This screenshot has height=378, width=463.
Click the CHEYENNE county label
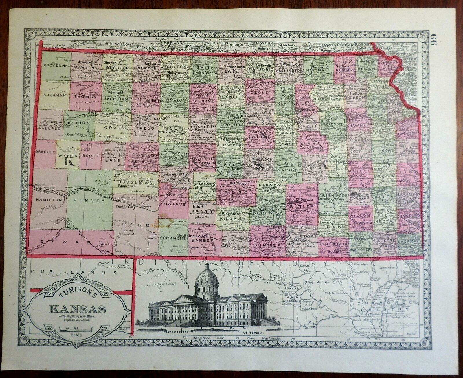[55, 65]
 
